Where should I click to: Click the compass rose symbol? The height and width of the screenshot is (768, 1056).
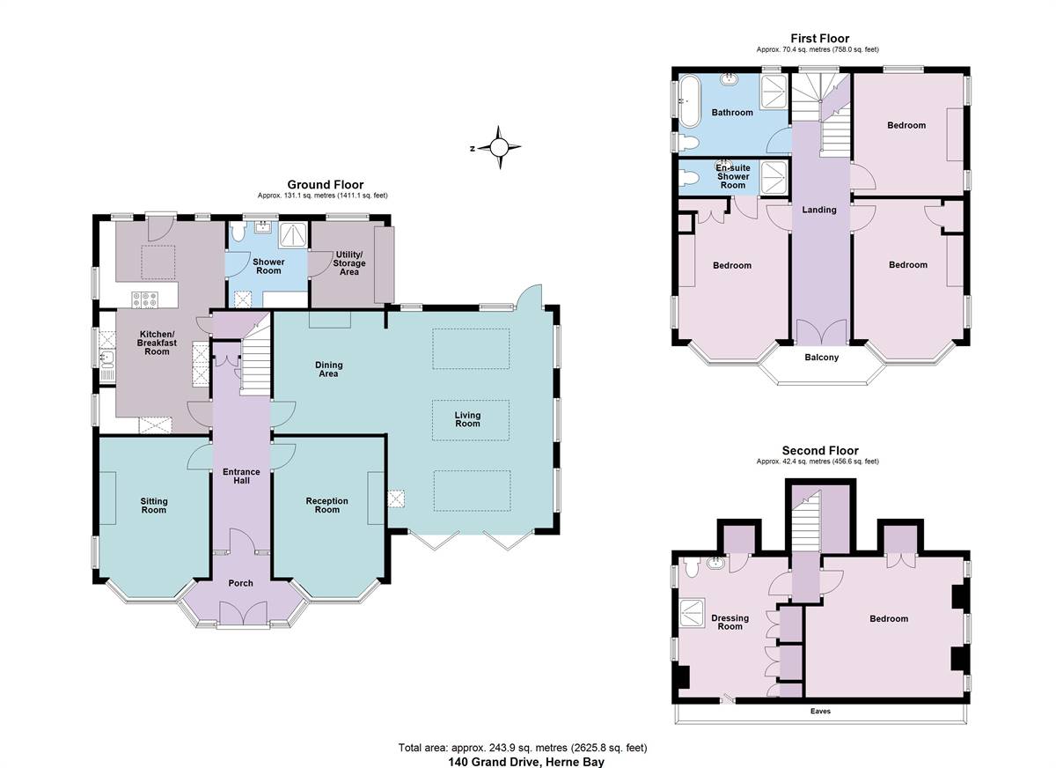click(499, 148)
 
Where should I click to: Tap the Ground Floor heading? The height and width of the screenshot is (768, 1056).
click(326, 184)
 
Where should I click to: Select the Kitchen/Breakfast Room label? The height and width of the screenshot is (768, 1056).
click(157, 343)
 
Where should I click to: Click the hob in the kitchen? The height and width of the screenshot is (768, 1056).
click(145, 299)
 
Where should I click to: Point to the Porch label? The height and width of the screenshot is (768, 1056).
click(240, 583)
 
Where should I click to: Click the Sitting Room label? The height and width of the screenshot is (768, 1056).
click(154, 506)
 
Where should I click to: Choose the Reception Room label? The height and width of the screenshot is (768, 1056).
click(326, 506)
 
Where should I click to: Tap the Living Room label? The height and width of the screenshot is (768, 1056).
click(467, 419)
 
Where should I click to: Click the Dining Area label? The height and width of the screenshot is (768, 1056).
click(328, 369)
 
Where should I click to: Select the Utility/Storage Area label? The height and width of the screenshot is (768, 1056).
click(349, 263)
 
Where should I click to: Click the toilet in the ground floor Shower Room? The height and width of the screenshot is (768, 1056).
click(238, 232)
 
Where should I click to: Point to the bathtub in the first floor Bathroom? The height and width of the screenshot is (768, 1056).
click(689, 101)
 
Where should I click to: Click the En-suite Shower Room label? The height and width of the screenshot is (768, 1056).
click(732, 176)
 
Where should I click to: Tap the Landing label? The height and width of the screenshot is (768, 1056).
click(819, 210)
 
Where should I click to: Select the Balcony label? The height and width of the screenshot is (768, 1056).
click(822, 357)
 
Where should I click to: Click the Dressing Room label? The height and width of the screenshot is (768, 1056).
click(730, 622)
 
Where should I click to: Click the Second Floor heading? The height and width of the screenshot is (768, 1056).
click(820, 451)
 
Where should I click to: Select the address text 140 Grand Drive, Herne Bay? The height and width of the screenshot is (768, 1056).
click(525, 762)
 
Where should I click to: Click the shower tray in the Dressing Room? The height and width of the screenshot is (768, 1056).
click(693, 613)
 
